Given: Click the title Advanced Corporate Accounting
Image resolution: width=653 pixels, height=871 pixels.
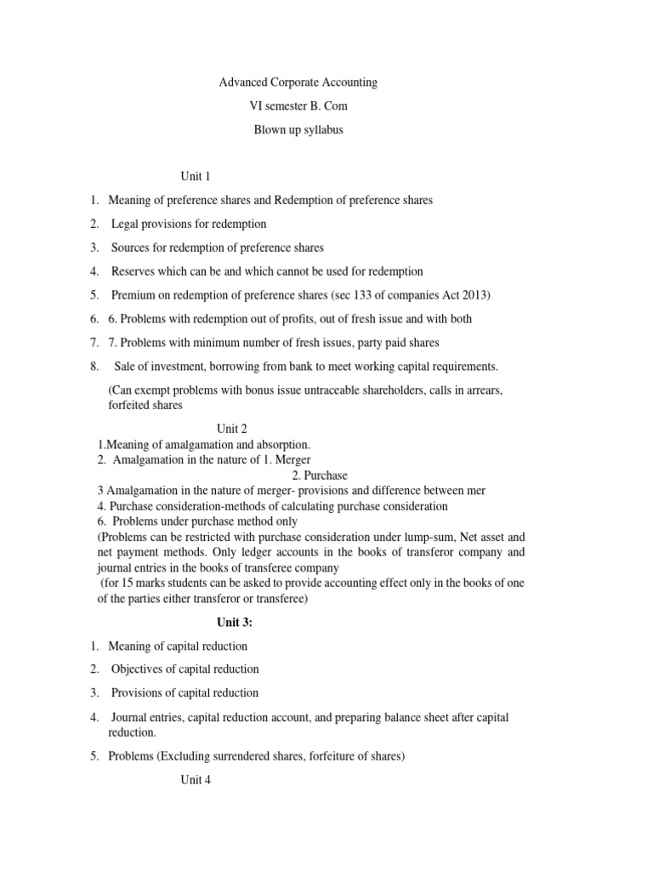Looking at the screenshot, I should coord(298,83).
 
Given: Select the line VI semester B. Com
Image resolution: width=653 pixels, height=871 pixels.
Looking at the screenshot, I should coord(298,106).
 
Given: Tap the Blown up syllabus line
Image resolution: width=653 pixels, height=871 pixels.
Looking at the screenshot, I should coord(298,131).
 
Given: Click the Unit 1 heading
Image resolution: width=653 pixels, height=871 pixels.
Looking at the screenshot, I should coord(195,176).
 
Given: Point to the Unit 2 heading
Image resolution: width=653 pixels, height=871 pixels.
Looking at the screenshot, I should coord(231,429).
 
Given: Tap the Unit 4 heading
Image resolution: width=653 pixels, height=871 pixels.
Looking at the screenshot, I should coord(195,780).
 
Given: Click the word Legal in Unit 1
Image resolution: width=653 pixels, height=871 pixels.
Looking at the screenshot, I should coord(128,224).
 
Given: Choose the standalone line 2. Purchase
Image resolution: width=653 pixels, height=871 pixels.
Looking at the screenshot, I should coord(319,475).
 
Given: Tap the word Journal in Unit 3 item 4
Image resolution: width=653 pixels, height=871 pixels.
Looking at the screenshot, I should coord(130,717).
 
